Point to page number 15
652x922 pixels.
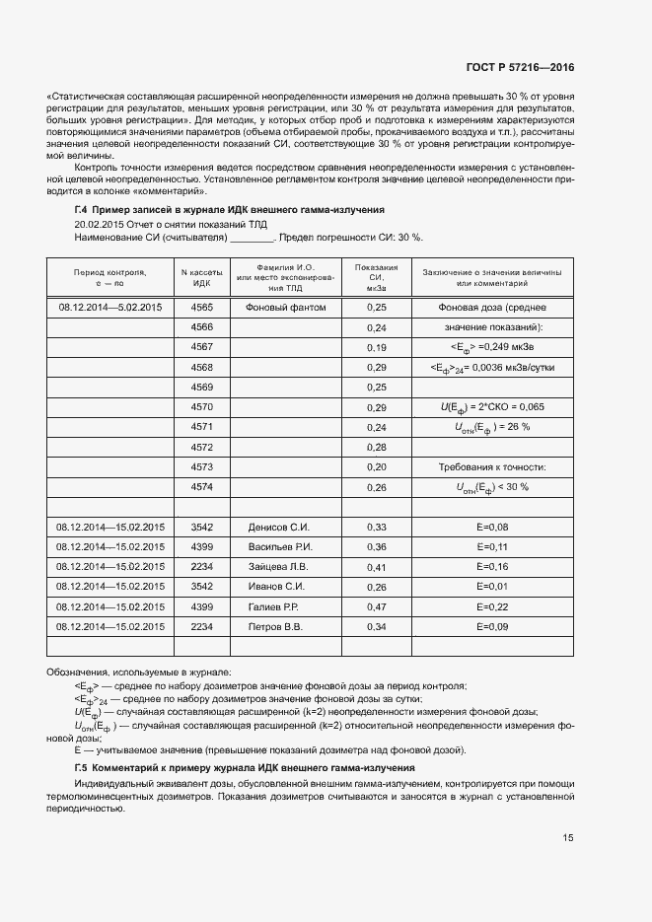[568, 838]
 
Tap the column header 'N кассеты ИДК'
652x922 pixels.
[201, 277]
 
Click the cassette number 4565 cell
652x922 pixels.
[201, 308]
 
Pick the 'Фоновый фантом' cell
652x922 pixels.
[284, 308]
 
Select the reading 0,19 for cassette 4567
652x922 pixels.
[376, 348]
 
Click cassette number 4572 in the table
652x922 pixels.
[201, 447]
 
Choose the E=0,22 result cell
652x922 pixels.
[491, 606]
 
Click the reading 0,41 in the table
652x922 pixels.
[376, 567]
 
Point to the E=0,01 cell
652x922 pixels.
[491, 587]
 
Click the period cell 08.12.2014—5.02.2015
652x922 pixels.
[110, 308]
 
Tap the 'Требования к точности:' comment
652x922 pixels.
[491, 466]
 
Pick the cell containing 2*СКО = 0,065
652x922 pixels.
[491, 407]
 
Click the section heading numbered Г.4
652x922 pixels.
[229, 210]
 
